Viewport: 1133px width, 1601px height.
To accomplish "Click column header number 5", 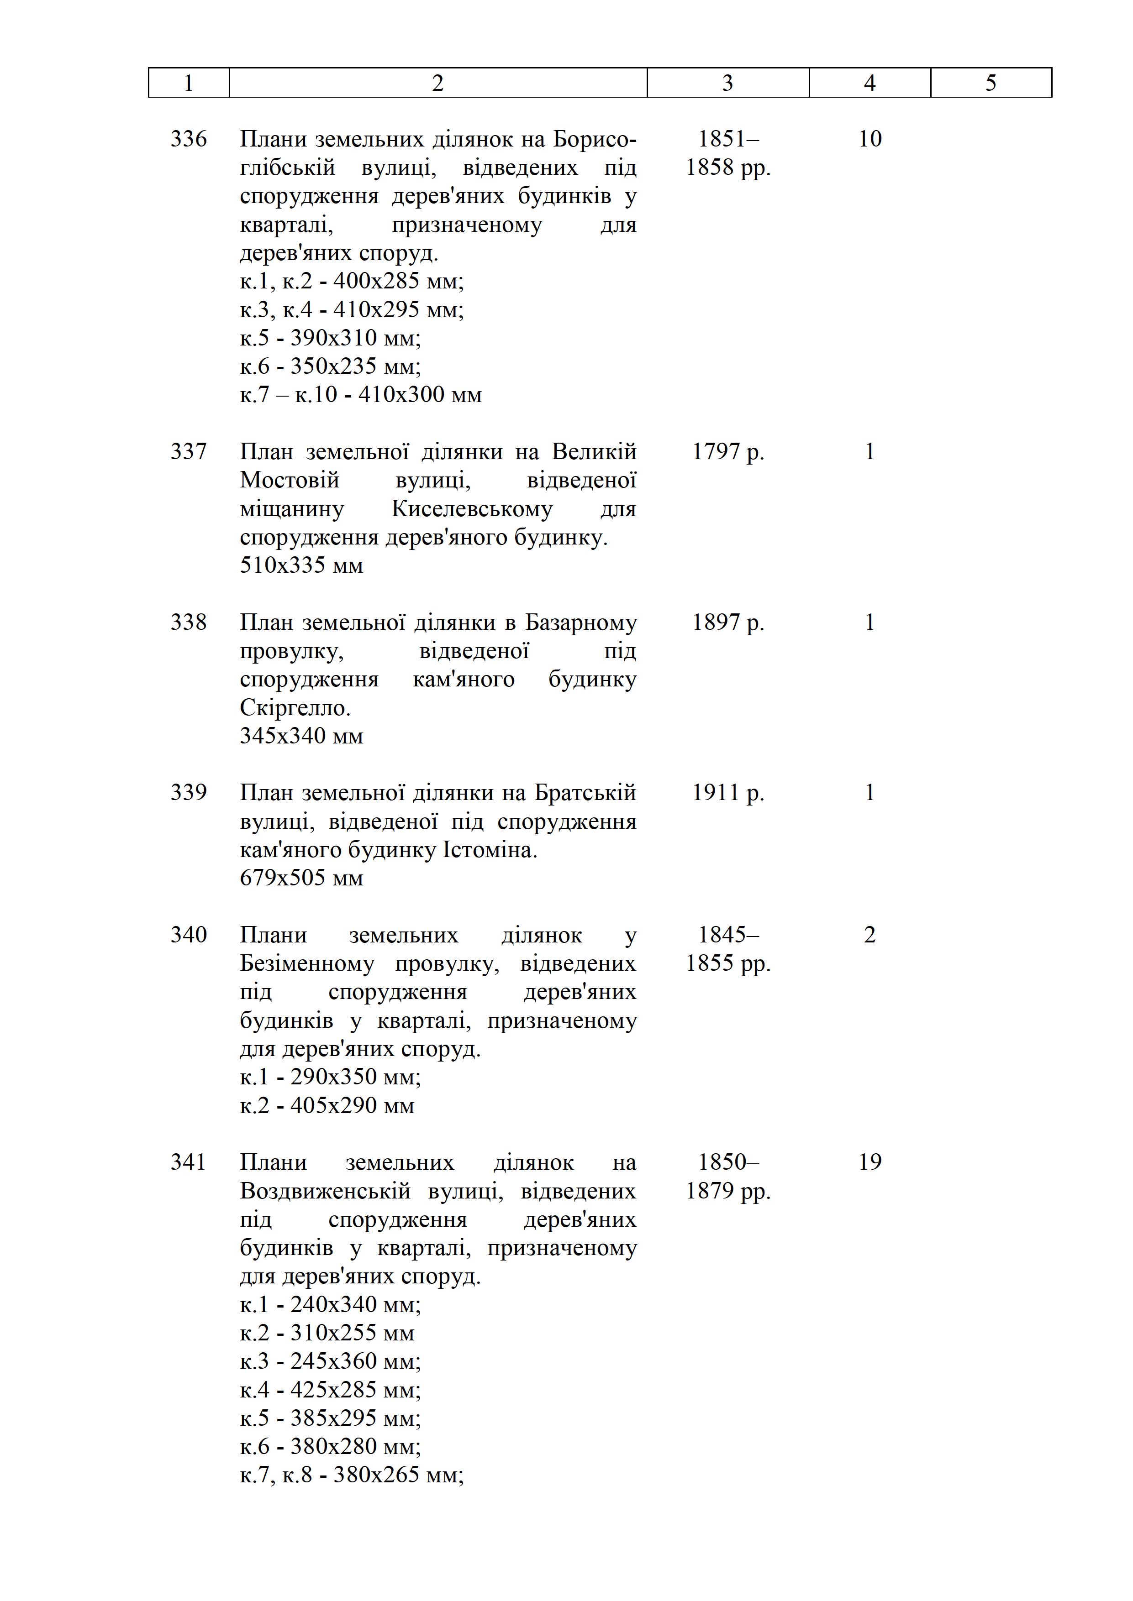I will pyautogui.click(x=991, y=83).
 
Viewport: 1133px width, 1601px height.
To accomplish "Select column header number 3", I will pyautogui.click(x=727, y=83).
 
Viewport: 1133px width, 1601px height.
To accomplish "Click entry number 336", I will pyautogui.click(x=188, y=139).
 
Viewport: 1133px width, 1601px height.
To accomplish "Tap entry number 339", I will pyautogui.click(x=188, y=792).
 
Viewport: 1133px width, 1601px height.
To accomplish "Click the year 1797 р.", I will pyautogui.click(x=727, y=452).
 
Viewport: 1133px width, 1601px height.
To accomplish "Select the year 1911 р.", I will pyautogui.click(x=727, y=793).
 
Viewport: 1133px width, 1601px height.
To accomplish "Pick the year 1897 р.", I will pyautogui.click(x=727, y=622).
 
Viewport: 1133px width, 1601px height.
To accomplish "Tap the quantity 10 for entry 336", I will pyautogui.click(x=870, y=139).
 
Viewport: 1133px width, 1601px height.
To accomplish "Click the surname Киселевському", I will pyautogui.click(x=472, y=509).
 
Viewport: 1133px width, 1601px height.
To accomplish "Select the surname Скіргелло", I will pyautogui.click(x=295, y=708).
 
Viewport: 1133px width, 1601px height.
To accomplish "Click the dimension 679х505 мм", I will pyautogui.click(x=301, y=878).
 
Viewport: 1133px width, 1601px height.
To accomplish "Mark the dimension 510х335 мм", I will pyautogui.click(x=301, y=565).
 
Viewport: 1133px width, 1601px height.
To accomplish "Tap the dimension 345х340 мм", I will pyautogui.click(x=301, y=736).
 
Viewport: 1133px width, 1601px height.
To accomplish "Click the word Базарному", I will pyautogui.click(x=580, y=622).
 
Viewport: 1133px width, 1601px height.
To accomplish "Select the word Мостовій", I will pyautogui.click(x=290, y=481).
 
